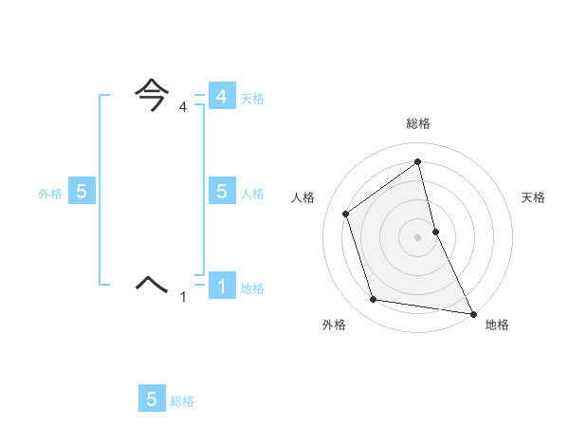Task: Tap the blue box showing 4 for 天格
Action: point(221,97)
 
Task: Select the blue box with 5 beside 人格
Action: point(221,192)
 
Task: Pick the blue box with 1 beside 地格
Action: point(221,286)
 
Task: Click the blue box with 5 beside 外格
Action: point(82,192)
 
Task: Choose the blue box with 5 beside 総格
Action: point(152,400)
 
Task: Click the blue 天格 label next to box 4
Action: point(252,99)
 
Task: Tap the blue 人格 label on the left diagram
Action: point(252,194)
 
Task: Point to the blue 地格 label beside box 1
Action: point(252,288)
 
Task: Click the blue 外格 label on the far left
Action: point(50,194)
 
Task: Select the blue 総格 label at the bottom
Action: point(182,401)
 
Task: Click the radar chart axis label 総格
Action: point(418,123)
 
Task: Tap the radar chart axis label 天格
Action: point(533,197)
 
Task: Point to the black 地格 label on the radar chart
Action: point(497,325)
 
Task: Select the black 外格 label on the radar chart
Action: point(334,325)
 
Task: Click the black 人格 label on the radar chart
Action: point(303,197)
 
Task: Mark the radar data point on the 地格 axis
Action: point(472,312)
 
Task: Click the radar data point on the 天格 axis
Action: point(435,231)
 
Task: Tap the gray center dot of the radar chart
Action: point(417,236)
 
